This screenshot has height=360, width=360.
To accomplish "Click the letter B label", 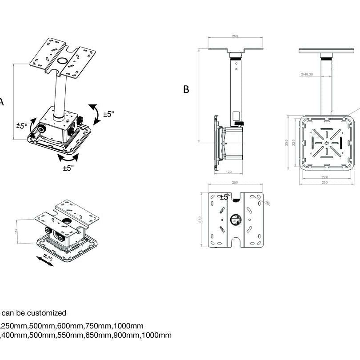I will tap(186, 89).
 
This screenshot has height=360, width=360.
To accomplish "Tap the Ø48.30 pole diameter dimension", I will tap(307, 74).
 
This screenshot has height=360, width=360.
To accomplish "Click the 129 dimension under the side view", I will tap(229, 172).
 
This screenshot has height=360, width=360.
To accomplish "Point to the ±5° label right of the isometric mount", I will tap(108, 114).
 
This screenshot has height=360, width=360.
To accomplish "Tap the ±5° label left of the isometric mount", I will tap(21, 126).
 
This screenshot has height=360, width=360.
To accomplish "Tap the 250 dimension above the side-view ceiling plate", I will tap(235, 37).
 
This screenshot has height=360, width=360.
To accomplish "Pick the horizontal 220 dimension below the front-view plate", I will tap(324, 177).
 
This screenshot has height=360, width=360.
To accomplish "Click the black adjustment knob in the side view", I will tap(240, 123).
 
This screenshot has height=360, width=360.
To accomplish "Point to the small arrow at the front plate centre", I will tap(327, 143).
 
